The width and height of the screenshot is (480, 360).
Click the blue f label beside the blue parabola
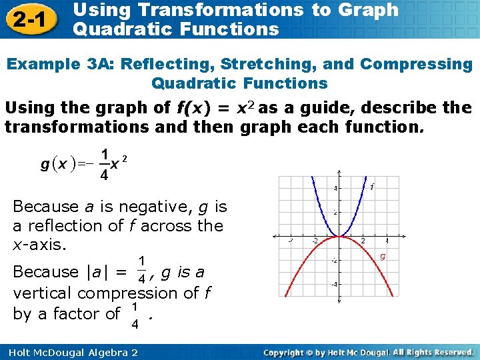point(371,187)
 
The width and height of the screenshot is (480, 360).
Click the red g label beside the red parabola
point(383,256)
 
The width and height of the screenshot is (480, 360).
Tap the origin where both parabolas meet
point(339,236)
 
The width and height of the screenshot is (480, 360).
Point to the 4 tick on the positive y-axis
point(335,188)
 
